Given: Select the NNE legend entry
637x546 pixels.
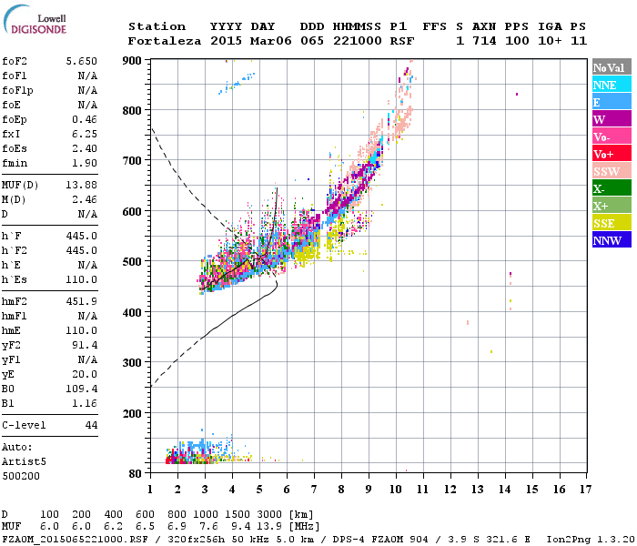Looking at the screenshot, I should pyautogui.click(x=604, y=85).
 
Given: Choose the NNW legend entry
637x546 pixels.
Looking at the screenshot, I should pyautogui.click(x=606, y=240).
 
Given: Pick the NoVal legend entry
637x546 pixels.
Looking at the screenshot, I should pyautogui.click(x=612, y=67).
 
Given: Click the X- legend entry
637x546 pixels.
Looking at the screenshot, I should pyautogui.click(x=600, y=188).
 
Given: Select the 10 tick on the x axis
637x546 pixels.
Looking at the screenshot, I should pyautogui.click(x=396, y=489).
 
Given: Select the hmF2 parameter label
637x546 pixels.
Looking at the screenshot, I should pyautogui.click(x=16, y=301).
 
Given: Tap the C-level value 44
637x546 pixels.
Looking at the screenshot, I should pyautogui.click(x=91, y=425).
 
